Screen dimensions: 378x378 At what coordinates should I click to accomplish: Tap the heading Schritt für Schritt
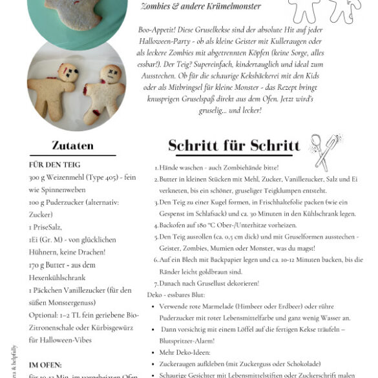(x=234, y=145)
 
